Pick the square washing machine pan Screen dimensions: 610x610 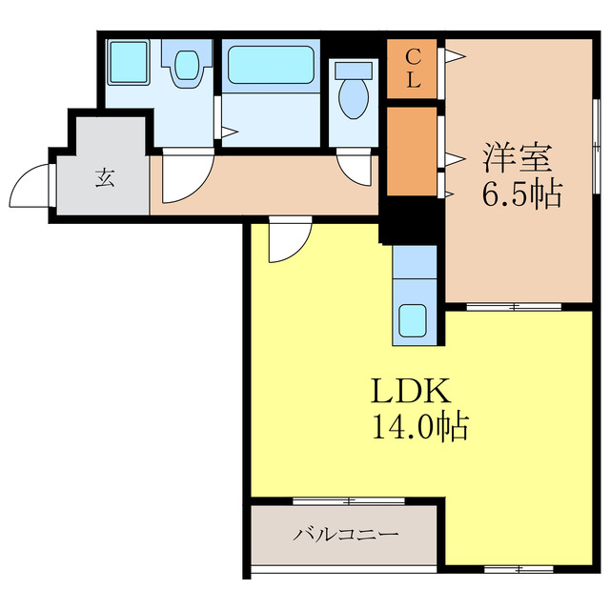pyautogui.click(x=127, y=63)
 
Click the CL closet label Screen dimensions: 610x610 pyautogui.click(x=412, y=68)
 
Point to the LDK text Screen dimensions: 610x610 pyautogui.click(x=403, y=391)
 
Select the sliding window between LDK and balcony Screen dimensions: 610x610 pyautogui.click(x=348, y=500)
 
